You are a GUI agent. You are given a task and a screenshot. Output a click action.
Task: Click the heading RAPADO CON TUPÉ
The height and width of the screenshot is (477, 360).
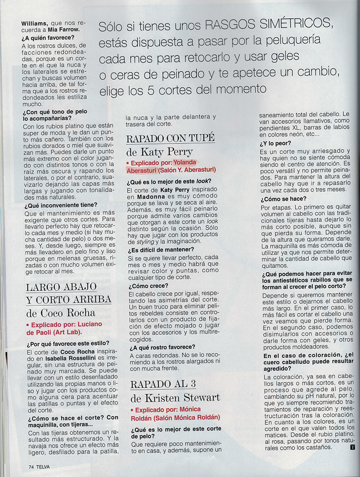click(170, 138)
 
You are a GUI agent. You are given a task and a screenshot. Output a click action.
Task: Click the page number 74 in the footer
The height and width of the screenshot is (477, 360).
click(31, 467)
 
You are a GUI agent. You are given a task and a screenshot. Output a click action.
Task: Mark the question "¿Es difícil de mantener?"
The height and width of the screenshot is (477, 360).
click(160, 249)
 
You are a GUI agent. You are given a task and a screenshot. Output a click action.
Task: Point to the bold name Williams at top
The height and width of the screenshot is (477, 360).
click(36, 23)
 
